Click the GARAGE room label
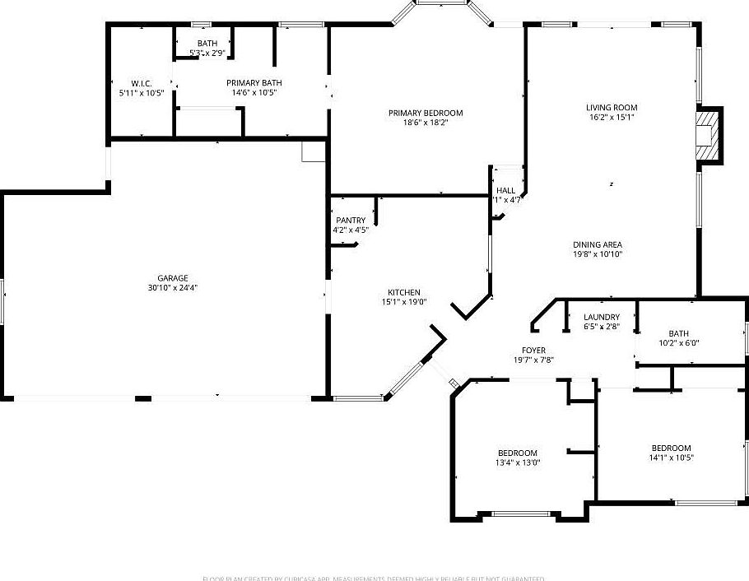tap(173, 277)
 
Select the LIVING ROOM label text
tap(612, 107)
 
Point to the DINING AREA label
tap(598, 244)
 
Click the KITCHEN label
tap(404, 292)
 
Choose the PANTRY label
tap(351, 220)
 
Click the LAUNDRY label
tap(601, 317)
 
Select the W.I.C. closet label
tap(142, 83)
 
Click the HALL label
tap(505, 190)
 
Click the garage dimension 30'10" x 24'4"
tap(173, 288)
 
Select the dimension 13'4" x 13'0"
tap(518, 462)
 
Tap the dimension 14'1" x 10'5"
tap(671, 458)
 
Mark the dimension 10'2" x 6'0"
tap(678, 343)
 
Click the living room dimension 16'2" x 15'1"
tap(612, 118)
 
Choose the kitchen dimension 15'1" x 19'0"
tap(404, 302)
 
